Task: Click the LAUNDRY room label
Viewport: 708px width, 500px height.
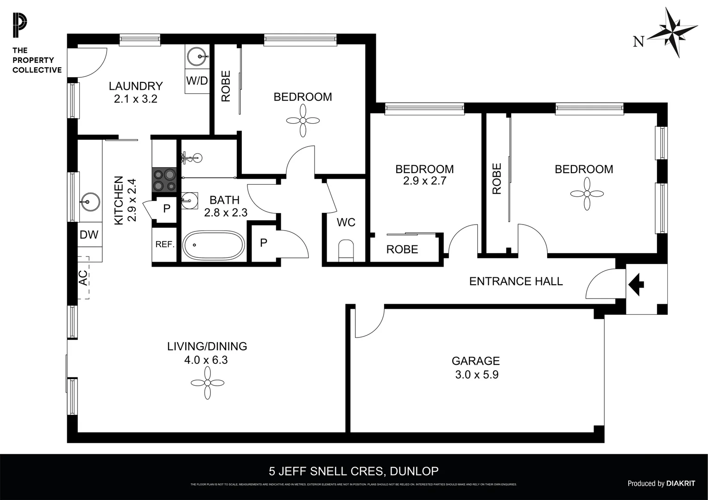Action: click(x=136, y=86)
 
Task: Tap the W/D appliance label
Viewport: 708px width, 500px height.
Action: click(x=197, y=81)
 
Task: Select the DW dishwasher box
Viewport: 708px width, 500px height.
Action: click(x=89, y=235)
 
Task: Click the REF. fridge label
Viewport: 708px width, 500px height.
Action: click(x=164, y=244)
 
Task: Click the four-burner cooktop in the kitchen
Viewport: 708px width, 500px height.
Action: click(x=165, y=180)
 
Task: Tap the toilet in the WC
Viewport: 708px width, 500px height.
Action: click(x=346, y=250)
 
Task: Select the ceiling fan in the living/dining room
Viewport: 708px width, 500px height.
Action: click(x=207, y=382)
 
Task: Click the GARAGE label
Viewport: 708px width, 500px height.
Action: click(x=476, y=361)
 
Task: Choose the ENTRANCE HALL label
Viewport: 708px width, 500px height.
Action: click(x=516, y=281)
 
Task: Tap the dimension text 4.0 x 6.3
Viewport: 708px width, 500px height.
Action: click(x=206, y=360)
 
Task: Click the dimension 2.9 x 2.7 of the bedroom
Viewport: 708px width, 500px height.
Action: click(x=424, y=181)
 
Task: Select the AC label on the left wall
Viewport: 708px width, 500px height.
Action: click(x=82, y=278)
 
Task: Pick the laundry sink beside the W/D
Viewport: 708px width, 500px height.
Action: click(x=200, y=57)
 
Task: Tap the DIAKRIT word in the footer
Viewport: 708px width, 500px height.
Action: click(x=681, y=483)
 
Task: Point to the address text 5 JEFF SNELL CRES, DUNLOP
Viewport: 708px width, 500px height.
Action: click(x=354, y=471)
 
